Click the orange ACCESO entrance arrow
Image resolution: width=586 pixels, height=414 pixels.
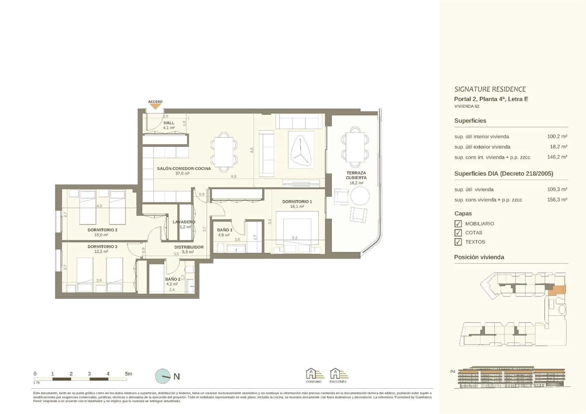click(x=155, y=107)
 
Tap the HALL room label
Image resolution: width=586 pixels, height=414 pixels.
click(x=169, y=123)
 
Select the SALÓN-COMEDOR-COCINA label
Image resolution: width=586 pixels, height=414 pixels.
click(x=184, y=169)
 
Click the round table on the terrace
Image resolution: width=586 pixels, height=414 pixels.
click(x=360, y=196)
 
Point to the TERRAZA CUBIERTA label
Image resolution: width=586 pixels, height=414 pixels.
click(x=356, y=175)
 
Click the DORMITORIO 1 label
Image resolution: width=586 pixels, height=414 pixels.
click(x=297, y=202)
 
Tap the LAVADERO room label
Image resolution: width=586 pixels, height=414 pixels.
click(x=184, y=222)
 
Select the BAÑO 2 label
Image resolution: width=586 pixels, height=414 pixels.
click(x=173, y=279)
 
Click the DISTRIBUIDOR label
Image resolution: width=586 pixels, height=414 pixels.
click(x=189, y=247)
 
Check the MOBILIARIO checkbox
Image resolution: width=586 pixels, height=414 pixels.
click(x=458, y=223)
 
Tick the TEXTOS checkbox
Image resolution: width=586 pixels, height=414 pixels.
click(x=458, y=242)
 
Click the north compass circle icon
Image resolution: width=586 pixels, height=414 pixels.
click(x=163, y=376)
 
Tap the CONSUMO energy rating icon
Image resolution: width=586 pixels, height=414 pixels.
click(x=314, y=374)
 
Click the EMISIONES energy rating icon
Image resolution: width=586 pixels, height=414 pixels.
click(x=338, y=374)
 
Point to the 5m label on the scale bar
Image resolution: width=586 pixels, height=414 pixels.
click(x=128, y=374)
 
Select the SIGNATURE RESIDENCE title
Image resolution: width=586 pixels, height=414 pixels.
click(x=490, y=89)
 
